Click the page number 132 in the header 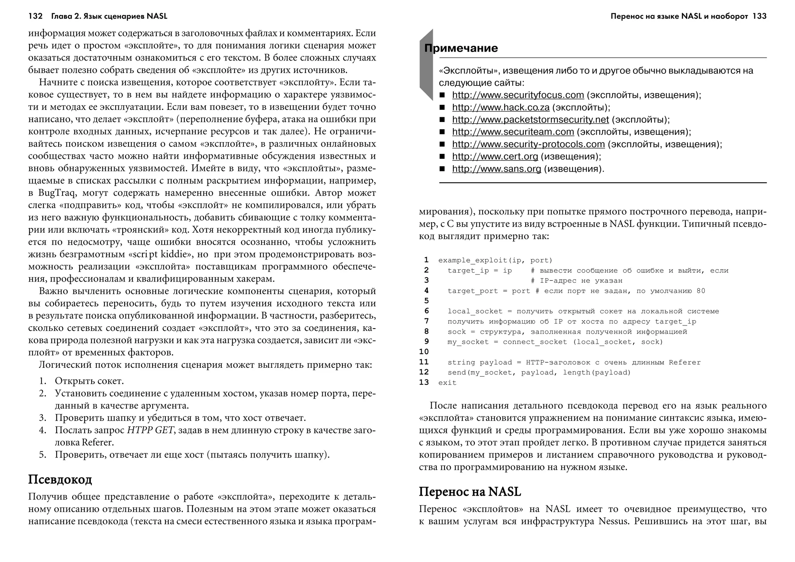pos(35,16)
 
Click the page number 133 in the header pos(759,16)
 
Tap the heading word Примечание pos(461,48)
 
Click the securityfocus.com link pos(518,95)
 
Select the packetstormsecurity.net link pos(530,120)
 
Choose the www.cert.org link pos(495,157)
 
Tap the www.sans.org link pos(496,169)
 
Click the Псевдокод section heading pos(60,480)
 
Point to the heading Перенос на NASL pos(470,492)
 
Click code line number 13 pos(424,383)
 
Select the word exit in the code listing pos(447,383)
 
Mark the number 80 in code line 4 pos(701,291)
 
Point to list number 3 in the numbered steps pos(43,418)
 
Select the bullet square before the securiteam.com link pos(442,132)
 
